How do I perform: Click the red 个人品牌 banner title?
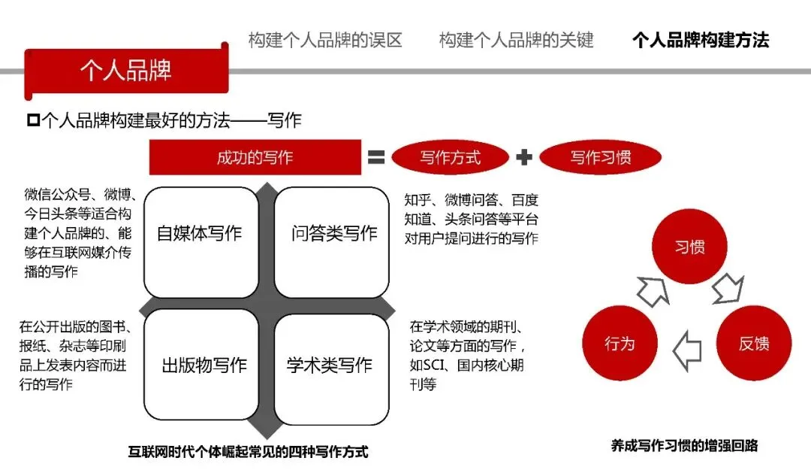pos(125,71)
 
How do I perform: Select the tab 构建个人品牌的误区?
pos(325,40)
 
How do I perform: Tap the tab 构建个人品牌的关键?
pos(516,40)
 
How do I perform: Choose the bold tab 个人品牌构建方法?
pos(700,40)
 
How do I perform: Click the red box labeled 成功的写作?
pos(255,158)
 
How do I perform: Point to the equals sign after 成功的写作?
pos(376,158)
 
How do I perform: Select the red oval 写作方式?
pos(451,158)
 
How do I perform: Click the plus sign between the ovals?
pos(524,158)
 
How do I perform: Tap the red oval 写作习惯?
pos(600,158)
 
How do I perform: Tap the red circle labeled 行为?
pos(620,344)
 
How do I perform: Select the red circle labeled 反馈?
pos(753,344)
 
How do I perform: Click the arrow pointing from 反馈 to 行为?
pos(686,350)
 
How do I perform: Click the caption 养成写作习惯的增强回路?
pos(684,446)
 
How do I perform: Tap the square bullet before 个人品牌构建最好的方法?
pos(32,120)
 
